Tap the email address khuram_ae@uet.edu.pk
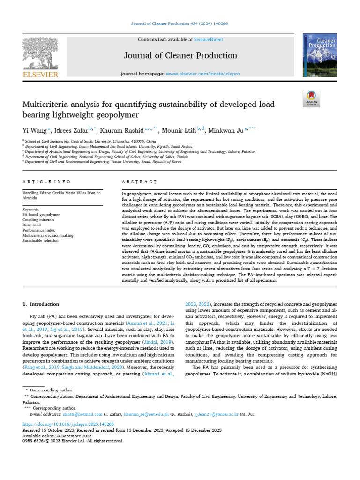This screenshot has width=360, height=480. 142,414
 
